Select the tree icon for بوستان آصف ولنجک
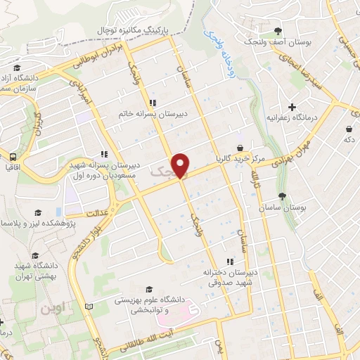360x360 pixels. (x=278, y=30)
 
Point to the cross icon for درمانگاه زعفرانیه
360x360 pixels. (x=292, y=106)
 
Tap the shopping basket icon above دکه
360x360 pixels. (x=349, y=129)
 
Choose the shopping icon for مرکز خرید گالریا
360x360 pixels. (x=240, y=148)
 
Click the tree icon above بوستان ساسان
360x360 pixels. (x=282, y=196)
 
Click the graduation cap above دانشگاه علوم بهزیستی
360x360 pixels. (x=148, y=289)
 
